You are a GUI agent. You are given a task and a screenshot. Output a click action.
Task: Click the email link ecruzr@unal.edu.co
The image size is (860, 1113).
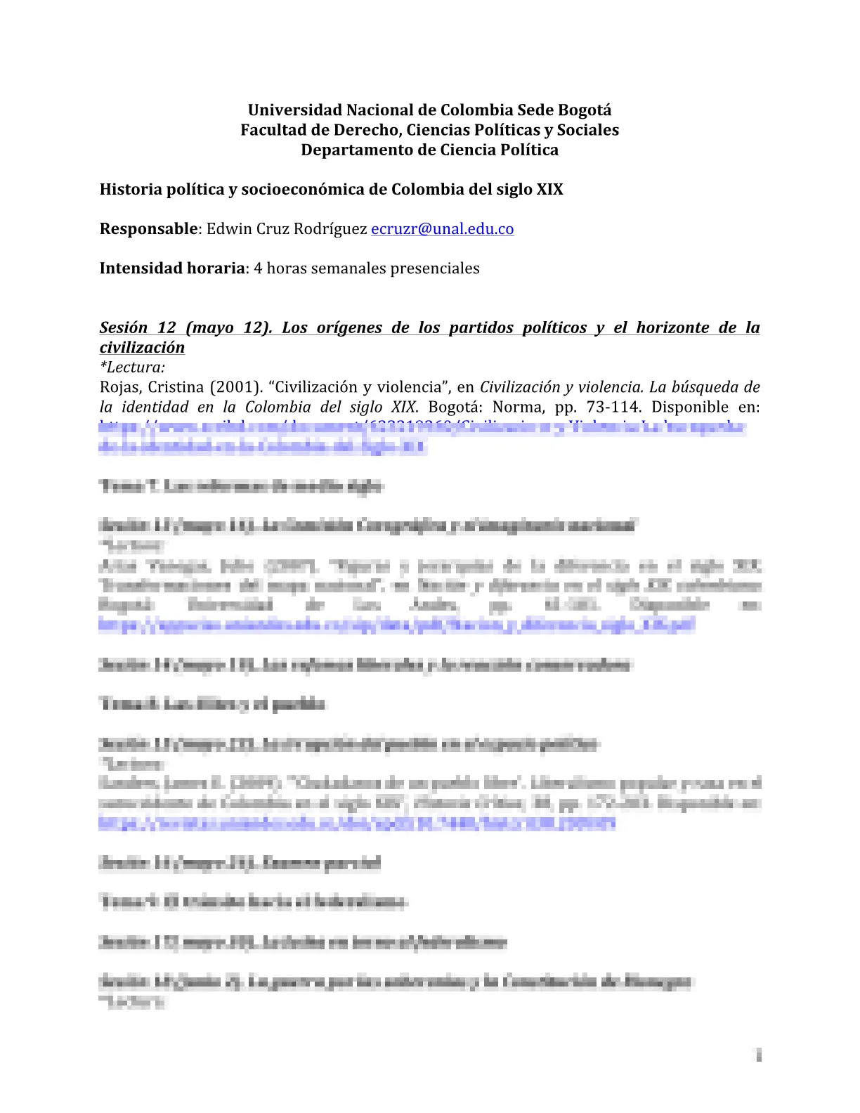pyautogui.click(x=442, y=229)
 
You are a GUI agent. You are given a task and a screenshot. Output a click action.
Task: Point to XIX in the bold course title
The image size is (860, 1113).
pyautogui.click(x=549, y=190)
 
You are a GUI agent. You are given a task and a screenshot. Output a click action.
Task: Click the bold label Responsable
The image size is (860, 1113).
pyautogui.click(x=148, y=229)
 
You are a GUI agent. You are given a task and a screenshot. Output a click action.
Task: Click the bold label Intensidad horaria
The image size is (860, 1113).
pyautogui.click(x=171, y=268)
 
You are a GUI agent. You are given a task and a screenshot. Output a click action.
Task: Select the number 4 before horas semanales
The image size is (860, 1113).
pyautogui.click(x=258, y=268)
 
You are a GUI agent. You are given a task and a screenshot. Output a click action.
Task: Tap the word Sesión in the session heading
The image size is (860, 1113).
pyautogui.click(x=124, y=327)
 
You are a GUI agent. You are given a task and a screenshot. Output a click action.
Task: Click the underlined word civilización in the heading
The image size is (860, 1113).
pyautogui.click(x=142, y=347)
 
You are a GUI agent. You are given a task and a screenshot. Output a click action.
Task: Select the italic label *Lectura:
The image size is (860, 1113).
pyautogui.click(x=133, y=367)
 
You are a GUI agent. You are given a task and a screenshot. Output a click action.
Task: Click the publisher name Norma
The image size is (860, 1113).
pyautogui.click(x=514, y=407)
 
